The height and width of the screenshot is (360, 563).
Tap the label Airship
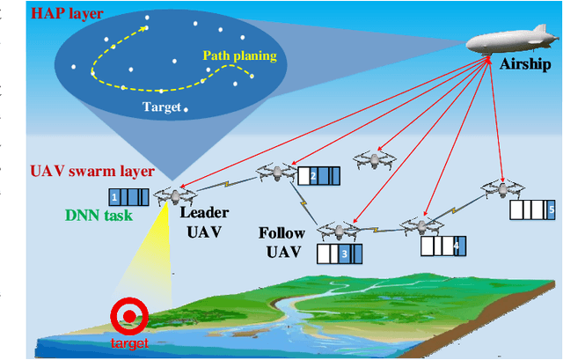pyautogui.click(x=525, y=64)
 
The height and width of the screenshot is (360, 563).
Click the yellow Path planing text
pyautogui.click(x=239, y=56)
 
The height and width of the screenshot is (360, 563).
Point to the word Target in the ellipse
pyautogui.click(x=161, y=107)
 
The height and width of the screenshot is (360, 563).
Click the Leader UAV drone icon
pyautogui.click(x=174, y=195)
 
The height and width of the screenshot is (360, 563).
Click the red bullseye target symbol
pyautogui.click(x=130, y=314)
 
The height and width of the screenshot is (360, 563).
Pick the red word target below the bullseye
pyautogui.click(x=129, y=342)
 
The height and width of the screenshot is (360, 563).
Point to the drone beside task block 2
pyautogui.click(x=274, y=173)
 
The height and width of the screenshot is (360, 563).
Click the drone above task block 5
pyautogui.click(x=503, y=187)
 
